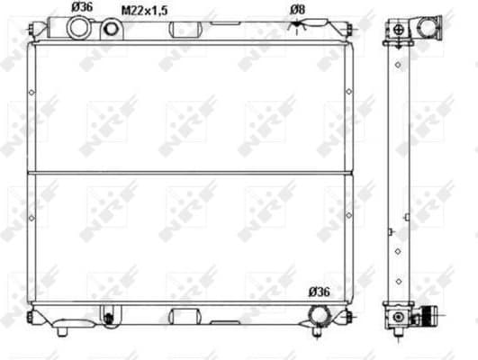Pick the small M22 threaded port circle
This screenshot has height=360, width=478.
112,30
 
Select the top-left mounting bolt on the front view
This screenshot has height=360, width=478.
32,30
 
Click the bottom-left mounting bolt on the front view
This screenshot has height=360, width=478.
32,316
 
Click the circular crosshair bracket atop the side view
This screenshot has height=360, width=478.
397,30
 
